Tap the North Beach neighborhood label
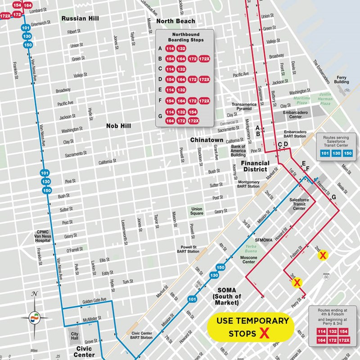pos(175,21)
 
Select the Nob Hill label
pos(118,126)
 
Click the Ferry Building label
pos(341,79)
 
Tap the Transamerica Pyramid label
pos(245,106)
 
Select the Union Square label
pos(197,211)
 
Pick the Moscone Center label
pos(249,260)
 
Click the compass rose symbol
pos(34,317)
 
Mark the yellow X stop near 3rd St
pos(297,283)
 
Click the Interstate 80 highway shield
pos(326,277)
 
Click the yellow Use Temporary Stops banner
pos(252,327)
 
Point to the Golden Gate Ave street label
pos(94,300)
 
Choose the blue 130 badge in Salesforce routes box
pos(336,153)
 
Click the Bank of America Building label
pos(238,151)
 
